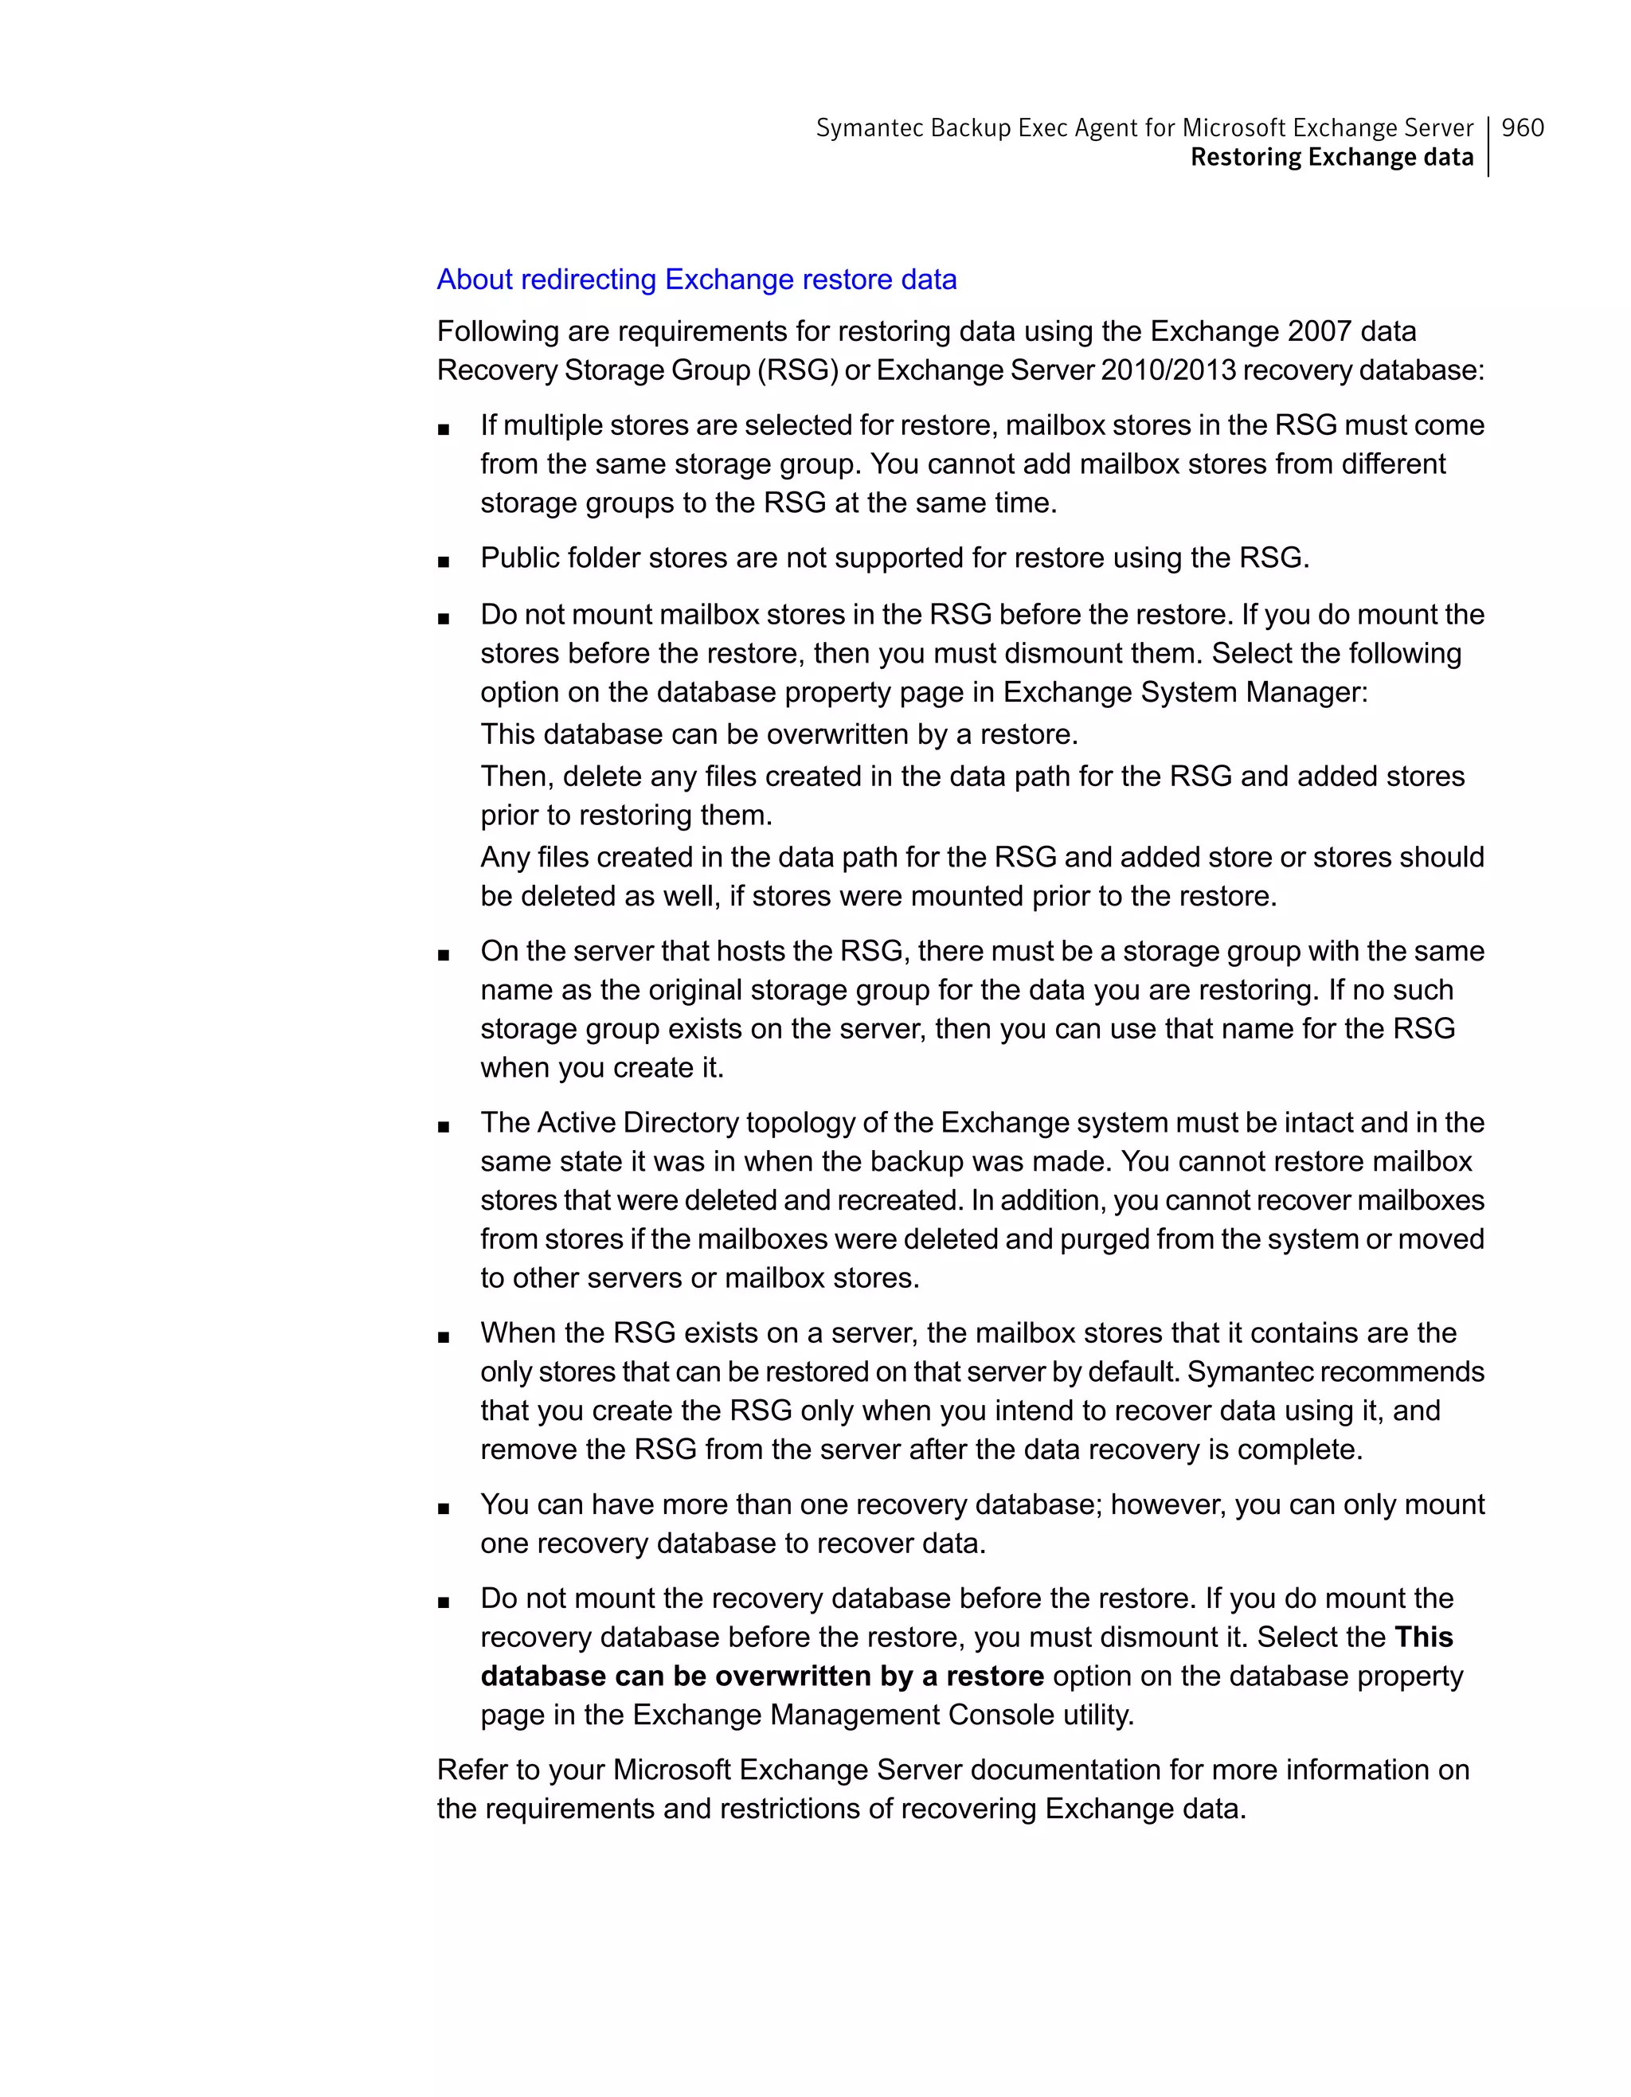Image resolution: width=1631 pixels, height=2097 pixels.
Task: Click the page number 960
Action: tap(1522, 127)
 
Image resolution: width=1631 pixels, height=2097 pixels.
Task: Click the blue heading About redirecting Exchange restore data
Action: tap(696, 280)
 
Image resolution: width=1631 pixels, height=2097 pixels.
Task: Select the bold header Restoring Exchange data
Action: tap(1332, 158)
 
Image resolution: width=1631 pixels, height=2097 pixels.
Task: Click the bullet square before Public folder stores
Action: tap(444, 561)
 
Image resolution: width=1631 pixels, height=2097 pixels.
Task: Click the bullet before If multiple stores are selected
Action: tap(444, 429)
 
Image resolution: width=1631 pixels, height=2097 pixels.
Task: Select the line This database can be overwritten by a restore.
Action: tap(779, 734)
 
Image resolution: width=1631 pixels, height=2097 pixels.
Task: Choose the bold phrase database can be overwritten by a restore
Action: tap(761, 1676)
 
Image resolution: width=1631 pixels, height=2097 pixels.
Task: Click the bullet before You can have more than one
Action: tap(444, 1508)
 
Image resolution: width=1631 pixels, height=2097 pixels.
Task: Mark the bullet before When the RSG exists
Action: tap(444, 1336)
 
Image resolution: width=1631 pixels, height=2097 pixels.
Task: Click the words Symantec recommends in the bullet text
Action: tap(1336, 1372)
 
